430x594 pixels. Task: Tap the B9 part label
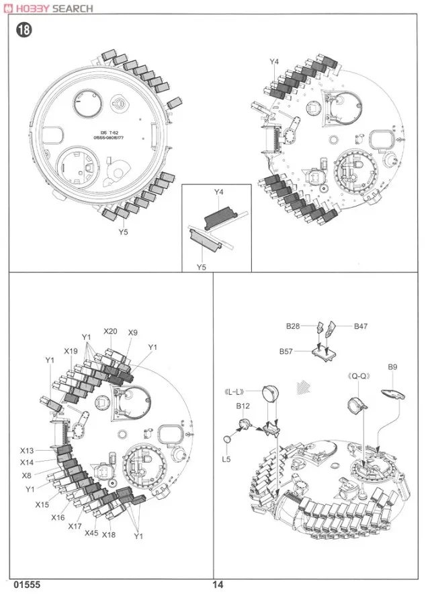pyautogui.click(x=393, y=367)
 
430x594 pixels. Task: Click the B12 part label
pyautogui.click(x=243, y=406)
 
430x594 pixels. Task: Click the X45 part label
pyautogui.click(x=92, y=533)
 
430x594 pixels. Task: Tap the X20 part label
pyautogui.click(x=111, y=332)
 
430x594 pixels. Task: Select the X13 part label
pyautogui.click(x=27, y=451)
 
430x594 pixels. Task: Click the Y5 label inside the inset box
pyautogui.click(x=201, y=267)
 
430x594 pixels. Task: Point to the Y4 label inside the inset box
pyautogui.click(x=218, y=192)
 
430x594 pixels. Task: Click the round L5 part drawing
pyautogui.click(x=226, y=439)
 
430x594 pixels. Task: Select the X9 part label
pyautogui.click(x=132, y=332)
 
